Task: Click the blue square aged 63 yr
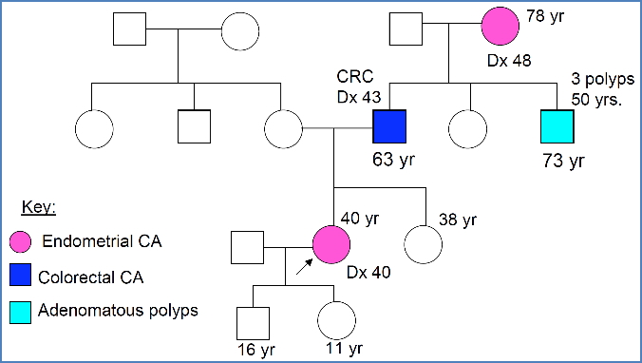(389, 126)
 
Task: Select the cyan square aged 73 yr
(557, 126)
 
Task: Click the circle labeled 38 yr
(423, 246)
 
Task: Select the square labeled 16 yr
(252, 321)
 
